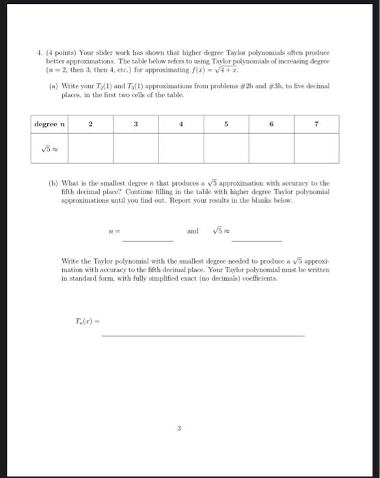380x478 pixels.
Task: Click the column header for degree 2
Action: [x=90, y=124]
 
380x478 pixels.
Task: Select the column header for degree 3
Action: [x=135, y=124]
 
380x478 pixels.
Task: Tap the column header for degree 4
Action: [x=180, y=124]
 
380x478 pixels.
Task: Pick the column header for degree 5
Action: [x=226, y=124]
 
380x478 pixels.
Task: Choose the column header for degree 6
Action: [x=271, y=124]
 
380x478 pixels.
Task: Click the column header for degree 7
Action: [x=316, y=124]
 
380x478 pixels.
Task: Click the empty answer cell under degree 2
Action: [x=90, y=148]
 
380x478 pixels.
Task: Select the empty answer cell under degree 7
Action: [x=316, y=148]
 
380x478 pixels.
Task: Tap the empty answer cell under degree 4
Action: [x=180, y=148]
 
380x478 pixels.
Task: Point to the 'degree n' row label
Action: [x=49, y=124]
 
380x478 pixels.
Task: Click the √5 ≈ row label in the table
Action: [x=49, y=148]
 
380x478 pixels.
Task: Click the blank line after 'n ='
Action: [x=148, y=238]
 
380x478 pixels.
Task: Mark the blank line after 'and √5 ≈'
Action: [x=256, y=238]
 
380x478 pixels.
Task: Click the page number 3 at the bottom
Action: [x=178, y=429]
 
